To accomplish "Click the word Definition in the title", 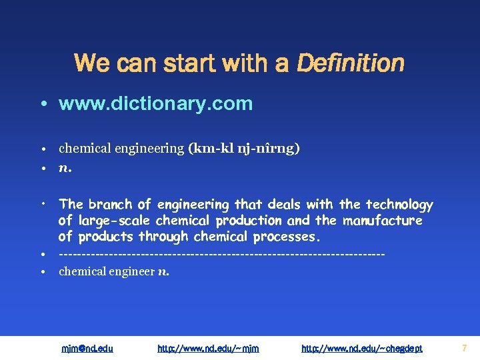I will click(350, 64).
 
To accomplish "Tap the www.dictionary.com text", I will click(155, 103).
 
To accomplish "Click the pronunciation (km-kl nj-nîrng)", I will click(243, 149).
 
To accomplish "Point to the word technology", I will click(399, 205).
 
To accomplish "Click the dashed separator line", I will click(221, 255).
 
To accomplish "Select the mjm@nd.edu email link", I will click(87, 348).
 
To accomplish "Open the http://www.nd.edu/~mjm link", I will click(208, 348).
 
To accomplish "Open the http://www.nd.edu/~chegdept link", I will click(362, 348).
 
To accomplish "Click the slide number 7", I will click(464, 347).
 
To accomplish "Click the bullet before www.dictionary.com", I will click(42, 104).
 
